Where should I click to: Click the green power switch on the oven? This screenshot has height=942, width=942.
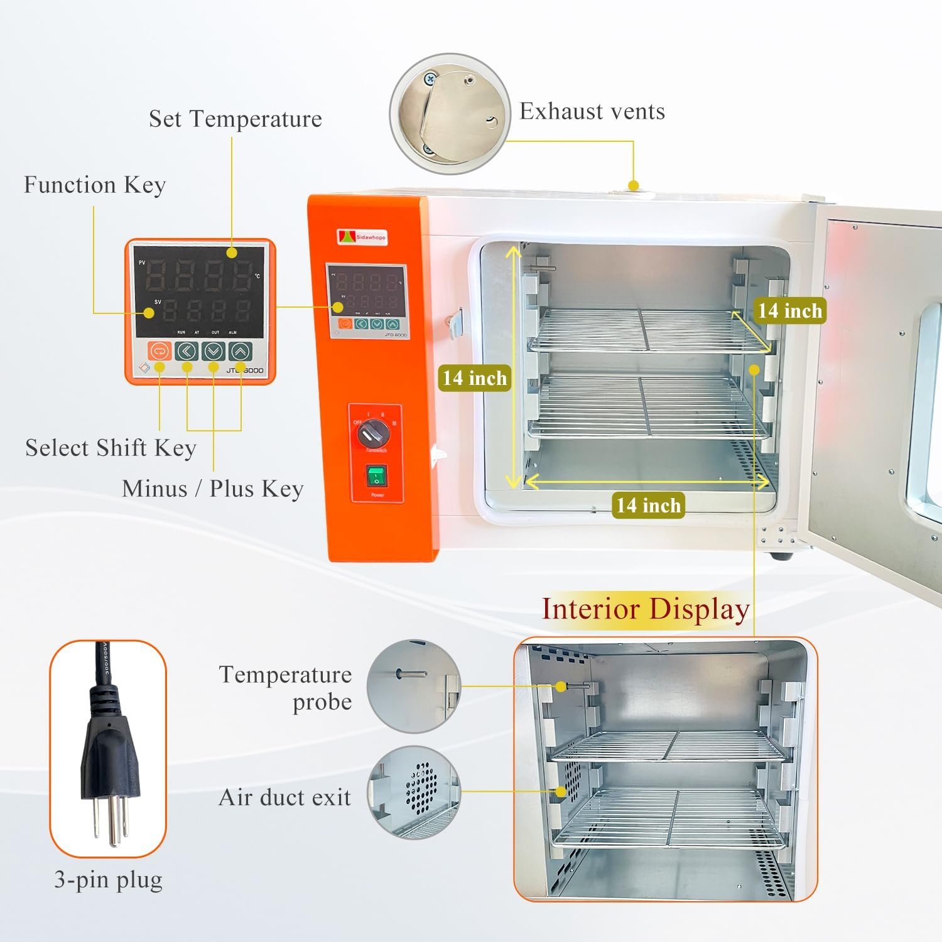point(377,477)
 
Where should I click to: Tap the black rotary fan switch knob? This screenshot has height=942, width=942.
point(369,433)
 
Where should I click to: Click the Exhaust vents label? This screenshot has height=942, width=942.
point(592,112)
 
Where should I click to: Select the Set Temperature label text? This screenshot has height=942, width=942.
point(235,119)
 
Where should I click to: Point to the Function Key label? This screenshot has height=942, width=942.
point(95,185)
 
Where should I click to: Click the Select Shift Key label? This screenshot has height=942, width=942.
point(111,448)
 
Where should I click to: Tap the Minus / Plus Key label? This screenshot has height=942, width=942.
point(212,489)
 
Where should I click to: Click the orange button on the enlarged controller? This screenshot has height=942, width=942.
point(160,350)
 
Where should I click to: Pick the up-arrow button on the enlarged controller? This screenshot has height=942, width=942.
point(241,351)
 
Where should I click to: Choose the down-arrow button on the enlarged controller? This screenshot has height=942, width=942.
point(214,351)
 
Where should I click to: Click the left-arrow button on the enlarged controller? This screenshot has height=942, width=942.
point(187,351)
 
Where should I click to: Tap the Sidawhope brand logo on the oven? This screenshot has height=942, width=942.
point(362,237)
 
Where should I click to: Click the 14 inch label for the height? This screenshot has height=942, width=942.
point(474,378)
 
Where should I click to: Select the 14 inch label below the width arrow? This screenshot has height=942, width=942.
point(648,506)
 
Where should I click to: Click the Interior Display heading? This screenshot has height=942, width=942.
point(646,609)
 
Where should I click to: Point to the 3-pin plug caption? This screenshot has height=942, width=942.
point(108,880)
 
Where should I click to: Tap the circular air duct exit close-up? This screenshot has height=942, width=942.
point(414,792)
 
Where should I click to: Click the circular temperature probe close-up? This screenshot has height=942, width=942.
point(414,686)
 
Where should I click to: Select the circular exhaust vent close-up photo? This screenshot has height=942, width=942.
point(450,114)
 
